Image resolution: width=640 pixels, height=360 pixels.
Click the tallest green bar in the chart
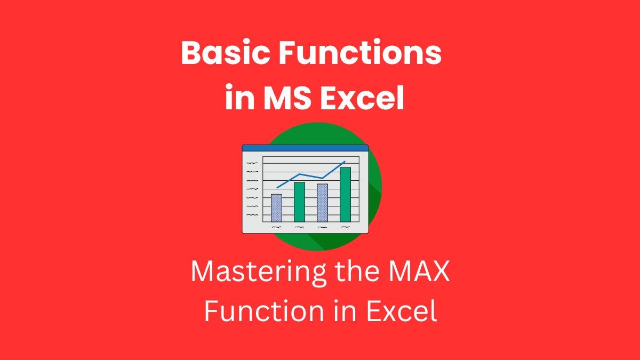[345, 194]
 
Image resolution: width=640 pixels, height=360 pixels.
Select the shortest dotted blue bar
[276, 208]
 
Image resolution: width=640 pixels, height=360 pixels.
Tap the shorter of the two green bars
[299, 202]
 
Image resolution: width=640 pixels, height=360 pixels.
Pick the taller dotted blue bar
[322, 203]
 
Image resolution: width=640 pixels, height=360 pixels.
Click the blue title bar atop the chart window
[305, 147]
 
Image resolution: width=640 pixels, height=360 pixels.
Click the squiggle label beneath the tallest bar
[345, 227]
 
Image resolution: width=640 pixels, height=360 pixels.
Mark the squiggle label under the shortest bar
[276, 227]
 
